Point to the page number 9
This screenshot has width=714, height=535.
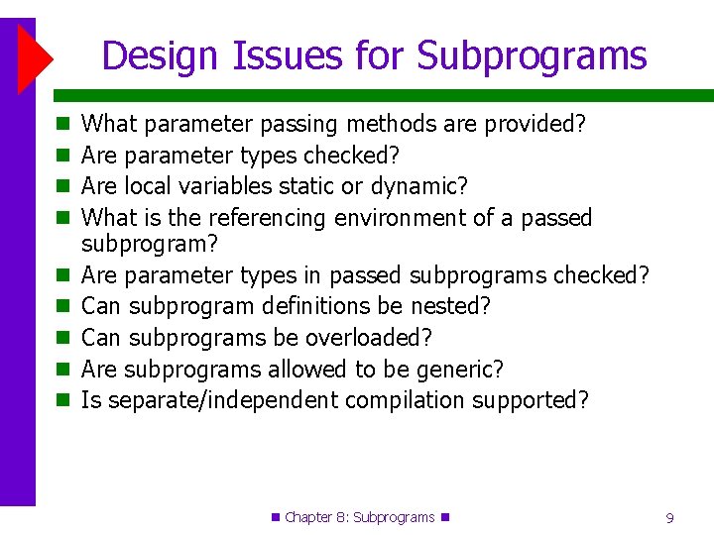[670, 517]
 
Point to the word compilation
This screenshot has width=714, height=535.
[405, 400]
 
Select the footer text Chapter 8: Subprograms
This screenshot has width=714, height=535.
[359, 517]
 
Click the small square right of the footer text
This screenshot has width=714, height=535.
[444, 517]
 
